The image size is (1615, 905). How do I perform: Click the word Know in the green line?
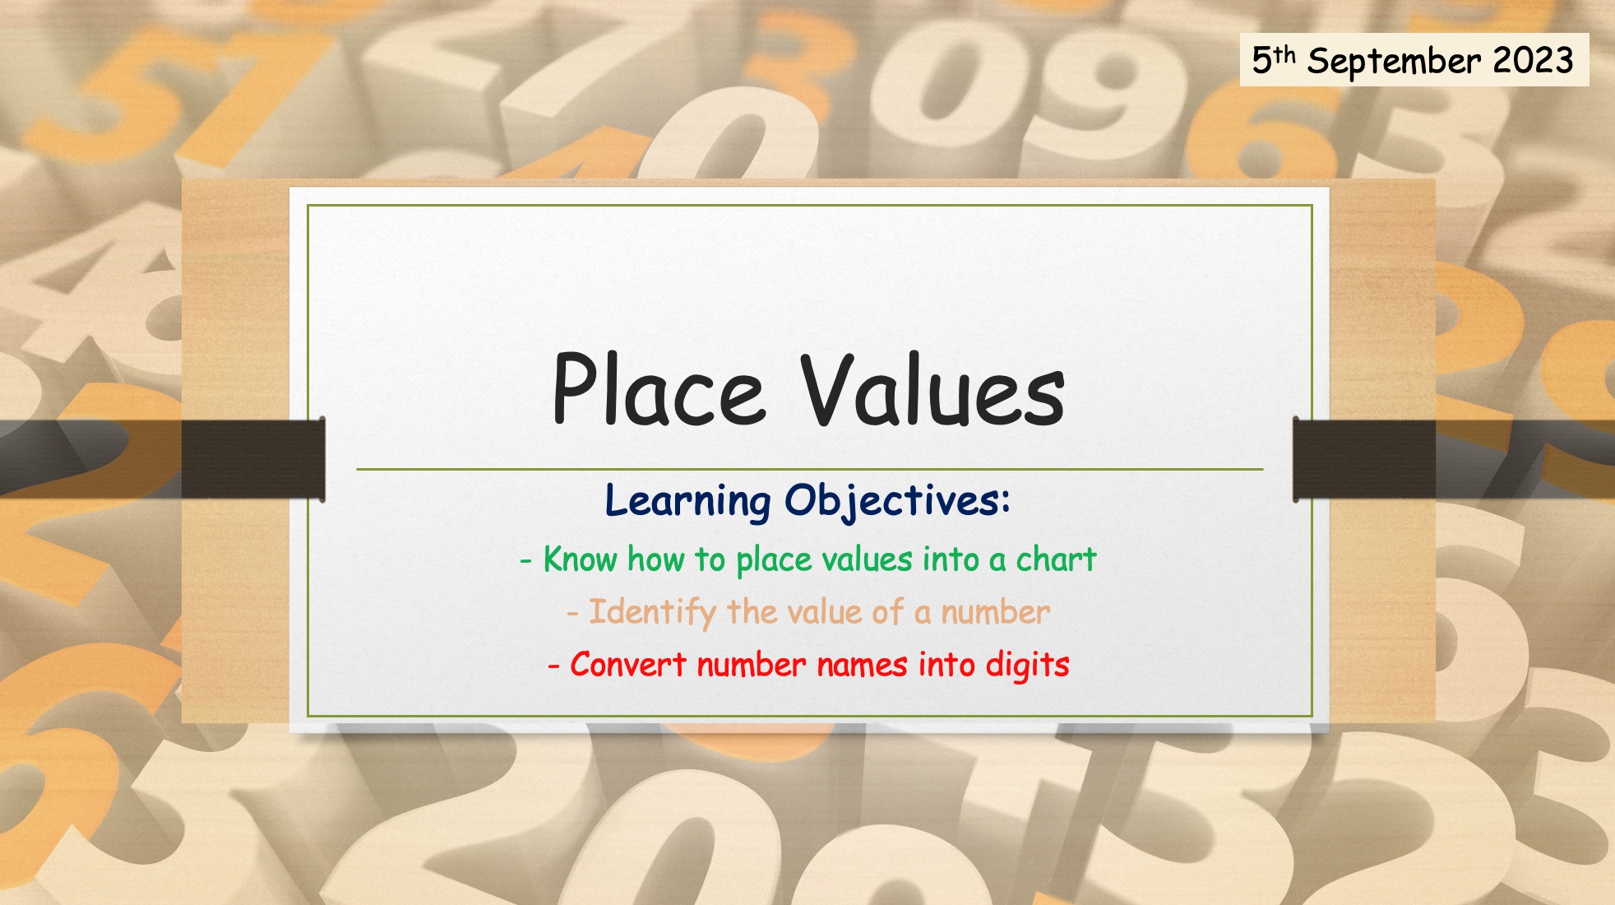[580, 559]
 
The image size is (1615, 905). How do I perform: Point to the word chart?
[1056, 559]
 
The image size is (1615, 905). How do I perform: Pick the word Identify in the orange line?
[652, 613]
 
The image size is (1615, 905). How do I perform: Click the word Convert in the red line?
[627, 665]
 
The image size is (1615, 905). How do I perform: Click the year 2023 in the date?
[1533, 60]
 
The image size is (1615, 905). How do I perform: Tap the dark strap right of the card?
[1454, 458]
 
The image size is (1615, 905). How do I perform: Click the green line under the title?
[810, 469]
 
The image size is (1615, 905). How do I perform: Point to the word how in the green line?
[655, 559]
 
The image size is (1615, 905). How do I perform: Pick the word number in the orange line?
[995, 612]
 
